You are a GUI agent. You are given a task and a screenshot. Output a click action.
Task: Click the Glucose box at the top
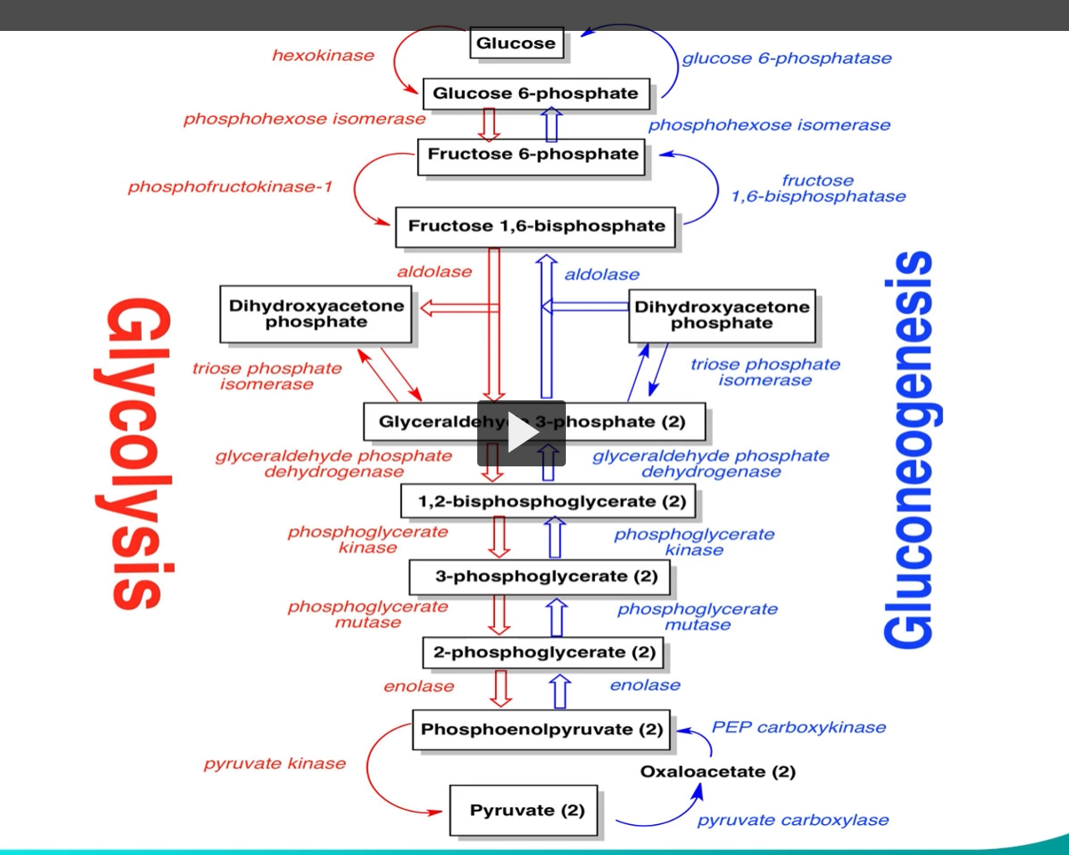516,43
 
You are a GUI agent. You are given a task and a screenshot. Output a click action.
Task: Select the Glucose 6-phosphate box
535,94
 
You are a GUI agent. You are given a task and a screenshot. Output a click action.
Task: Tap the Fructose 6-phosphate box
532,155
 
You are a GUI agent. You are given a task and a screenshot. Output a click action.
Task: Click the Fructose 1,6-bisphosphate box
536,226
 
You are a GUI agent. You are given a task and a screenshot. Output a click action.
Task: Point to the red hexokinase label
323,56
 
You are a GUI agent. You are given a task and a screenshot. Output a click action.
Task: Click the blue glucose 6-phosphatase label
786,59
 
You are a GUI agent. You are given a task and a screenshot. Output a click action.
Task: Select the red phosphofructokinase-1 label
230,186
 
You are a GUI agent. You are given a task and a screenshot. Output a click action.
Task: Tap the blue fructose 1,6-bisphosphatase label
817,189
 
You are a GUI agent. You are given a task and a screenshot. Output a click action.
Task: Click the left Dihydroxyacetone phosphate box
316,314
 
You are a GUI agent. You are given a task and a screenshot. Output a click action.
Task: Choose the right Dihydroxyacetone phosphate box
721,315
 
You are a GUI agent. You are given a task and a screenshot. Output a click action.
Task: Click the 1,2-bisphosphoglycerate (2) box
551,501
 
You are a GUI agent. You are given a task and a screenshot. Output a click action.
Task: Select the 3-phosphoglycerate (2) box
546,576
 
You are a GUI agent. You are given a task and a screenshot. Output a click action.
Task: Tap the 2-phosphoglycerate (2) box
544,652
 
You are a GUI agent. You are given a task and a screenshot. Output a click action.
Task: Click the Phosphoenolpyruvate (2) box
541,730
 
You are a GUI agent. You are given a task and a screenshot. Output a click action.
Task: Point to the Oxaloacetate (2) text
717,771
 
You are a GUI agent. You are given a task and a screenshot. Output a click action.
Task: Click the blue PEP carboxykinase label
798,727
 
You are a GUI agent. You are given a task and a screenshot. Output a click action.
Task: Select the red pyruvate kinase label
274,763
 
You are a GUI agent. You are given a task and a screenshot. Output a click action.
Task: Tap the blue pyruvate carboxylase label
792,820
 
